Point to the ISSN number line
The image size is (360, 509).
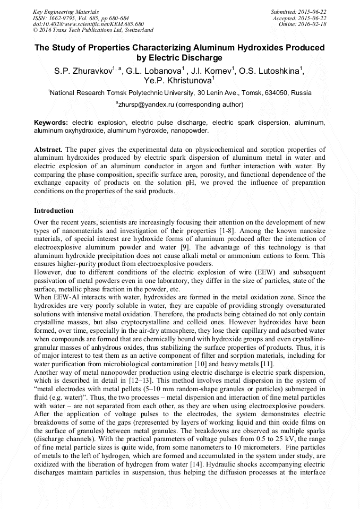click(77, 18)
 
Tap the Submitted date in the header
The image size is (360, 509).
click(298, 12)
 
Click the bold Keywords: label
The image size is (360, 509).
click(51, 122)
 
